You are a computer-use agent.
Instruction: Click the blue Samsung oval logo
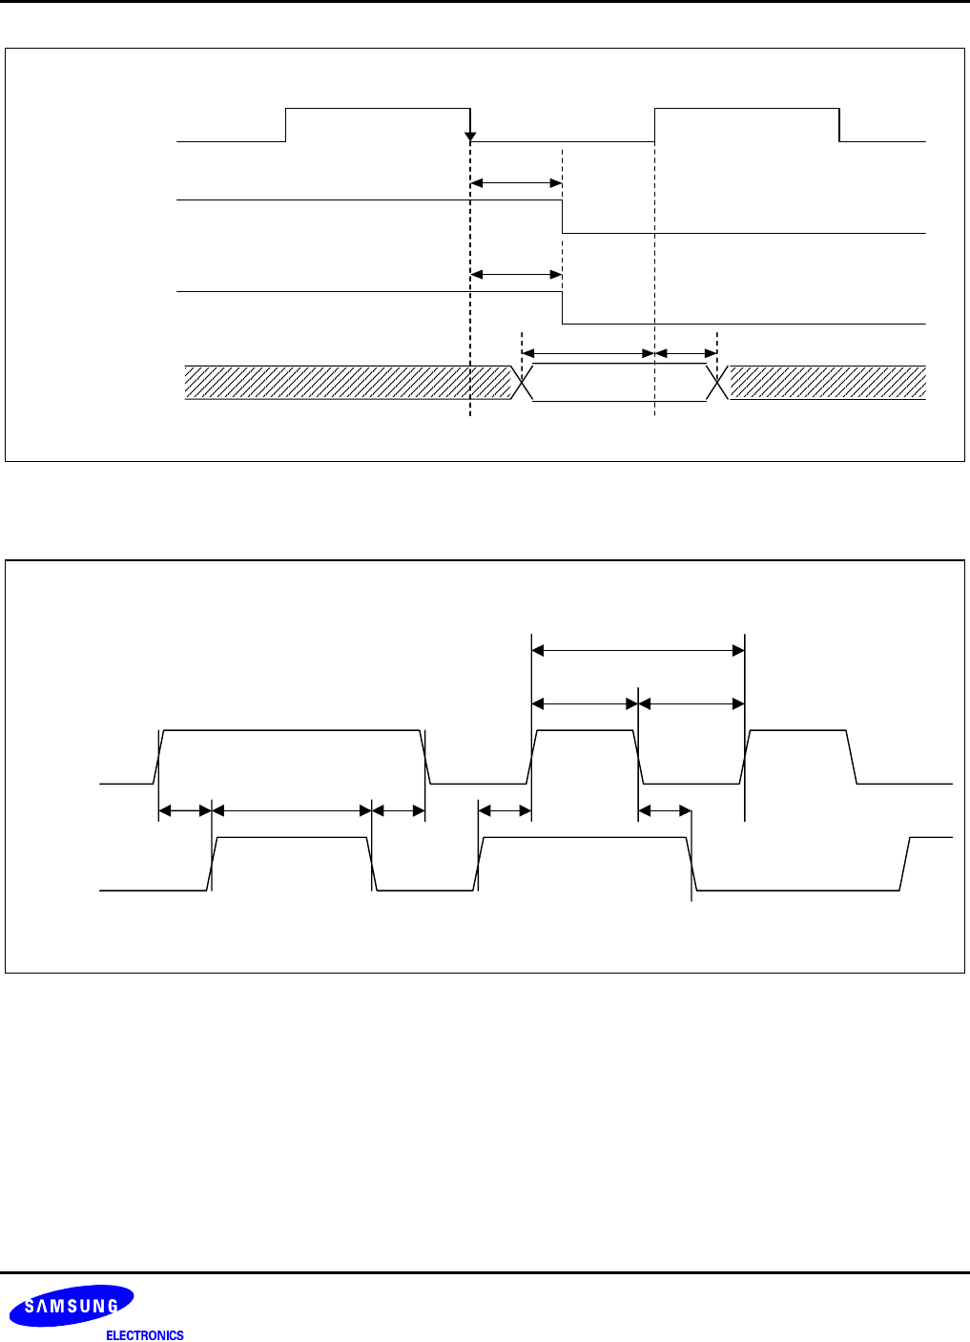[x=72, y=1306]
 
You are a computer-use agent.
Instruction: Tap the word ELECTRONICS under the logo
[x=144, y=1335]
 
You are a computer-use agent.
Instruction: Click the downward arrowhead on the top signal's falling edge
[x=470, y=137]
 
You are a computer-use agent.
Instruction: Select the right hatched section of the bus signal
[x=828, y=382]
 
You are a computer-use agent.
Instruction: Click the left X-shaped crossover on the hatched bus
[x=523, y=382]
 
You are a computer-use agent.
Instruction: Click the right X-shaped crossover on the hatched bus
[x=716, y=382]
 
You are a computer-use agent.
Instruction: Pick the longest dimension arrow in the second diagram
[x=637, y=651]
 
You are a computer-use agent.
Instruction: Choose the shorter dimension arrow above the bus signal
[x=686, y=353]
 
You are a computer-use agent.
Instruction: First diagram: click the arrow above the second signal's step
[x=516, y=182]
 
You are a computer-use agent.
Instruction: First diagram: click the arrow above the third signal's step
[x=516, y=274]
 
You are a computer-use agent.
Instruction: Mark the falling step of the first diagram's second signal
[x=563, y=217]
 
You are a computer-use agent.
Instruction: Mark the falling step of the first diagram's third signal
[x=563, y=307]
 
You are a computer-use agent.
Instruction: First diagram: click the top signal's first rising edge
[x=286, y=125]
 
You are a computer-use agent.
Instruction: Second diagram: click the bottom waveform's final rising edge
[x=905, y=863]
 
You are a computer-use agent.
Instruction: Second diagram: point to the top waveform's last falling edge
[x=852, y=757]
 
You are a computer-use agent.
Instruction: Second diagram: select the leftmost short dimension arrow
[x=184, y=810]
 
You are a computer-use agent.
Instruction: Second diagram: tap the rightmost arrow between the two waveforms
[x=664, y=810]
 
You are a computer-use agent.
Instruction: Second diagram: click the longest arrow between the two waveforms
[x=291, y=810]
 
